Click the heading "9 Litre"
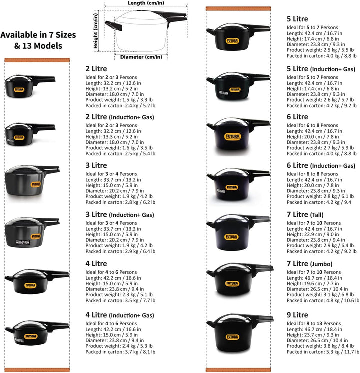(297, 315)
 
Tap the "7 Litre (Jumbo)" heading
(309, 264)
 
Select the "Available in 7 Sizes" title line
(38, 35)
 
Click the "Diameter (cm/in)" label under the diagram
(141, 57)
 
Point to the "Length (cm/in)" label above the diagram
(146, 3)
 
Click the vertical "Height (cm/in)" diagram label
(96, 31)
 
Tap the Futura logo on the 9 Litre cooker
(232, 337)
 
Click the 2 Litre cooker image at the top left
(30, 86)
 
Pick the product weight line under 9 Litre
(320, 346)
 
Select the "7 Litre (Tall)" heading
(305, 215)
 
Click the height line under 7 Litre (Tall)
(313, 234)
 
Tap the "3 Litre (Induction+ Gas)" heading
(120, 215)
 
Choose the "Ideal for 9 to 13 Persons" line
(314, 324)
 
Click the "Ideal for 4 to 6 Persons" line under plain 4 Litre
(111, 272)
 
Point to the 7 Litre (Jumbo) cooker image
(240, 279)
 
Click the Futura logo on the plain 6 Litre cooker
(232, 137)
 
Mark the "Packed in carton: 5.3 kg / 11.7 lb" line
(323, 352)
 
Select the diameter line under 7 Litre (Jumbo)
(317, 289)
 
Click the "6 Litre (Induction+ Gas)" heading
(321, 166)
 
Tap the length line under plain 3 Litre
(113, 180)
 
